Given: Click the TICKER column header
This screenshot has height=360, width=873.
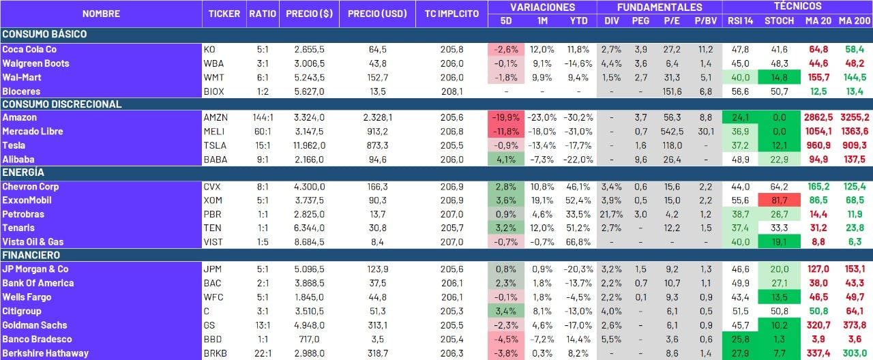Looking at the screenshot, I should click(x=224, y=14).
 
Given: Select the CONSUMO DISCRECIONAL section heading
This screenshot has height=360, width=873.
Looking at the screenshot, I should click(x=62, y=104).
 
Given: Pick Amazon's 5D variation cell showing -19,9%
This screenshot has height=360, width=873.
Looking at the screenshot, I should click(x=506, y=118).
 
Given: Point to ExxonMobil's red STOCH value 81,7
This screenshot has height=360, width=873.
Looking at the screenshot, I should click(x=779, y=200).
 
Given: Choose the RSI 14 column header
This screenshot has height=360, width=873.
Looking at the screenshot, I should click(x=740, y=20).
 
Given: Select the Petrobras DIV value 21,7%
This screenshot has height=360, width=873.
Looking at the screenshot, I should click(x=612, y=214).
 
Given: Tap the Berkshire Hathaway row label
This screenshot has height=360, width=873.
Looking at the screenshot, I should click(x=46, y=353).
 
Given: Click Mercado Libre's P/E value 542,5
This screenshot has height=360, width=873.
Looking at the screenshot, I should click(x=672, y=132).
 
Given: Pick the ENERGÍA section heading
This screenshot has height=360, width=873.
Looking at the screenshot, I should click(x=23, y=172).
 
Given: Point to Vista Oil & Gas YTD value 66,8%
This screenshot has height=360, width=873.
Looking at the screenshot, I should click(x=579, y=242).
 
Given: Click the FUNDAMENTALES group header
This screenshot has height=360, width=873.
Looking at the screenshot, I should click(x=660, y=7).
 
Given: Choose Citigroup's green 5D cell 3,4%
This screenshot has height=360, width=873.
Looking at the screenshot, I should click(x=506, y=311).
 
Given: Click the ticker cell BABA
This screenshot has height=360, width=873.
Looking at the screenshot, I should click(x=215, y=160).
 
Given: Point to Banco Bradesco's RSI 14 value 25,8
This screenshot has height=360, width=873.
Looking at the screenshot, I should click(x=740, y=339).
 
